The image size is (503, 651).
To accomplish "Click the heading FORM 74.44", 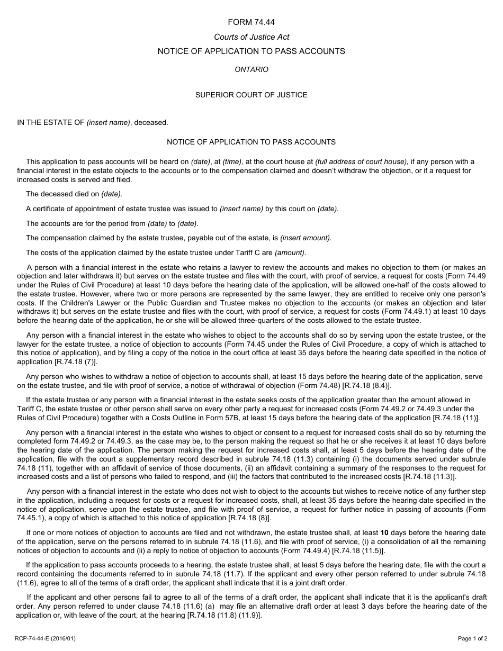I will [251, 22].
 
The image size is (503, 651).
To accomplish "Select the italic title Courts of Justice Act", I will [251, 37].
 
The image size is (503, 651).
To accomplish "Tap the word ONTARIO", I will [251, 69].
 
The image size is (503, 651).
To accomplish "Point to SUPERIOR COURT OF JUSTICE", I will [251, 95].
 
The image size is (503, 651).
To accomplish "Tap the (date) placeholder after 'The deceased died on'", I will [112, 194].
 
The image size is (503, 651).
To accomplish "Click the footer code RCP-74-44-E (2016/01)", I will [46, 638].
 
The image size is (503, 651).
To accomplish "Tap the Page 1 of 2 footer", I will [472, 638].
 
